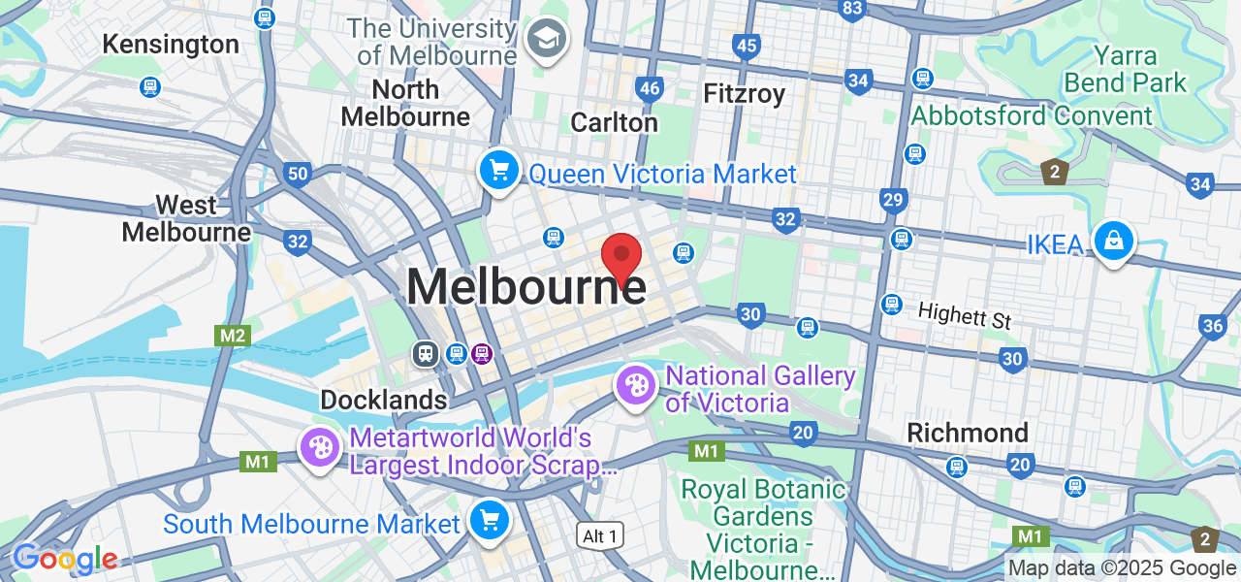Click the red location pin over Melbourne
621,256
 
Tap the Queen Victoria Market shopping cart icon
499,172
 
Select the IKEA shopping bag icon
1114,241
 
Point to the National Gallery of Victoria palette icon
636,386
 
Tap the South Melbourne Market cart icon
490,521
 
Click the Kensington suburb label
171,45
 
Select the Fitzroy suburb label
744,93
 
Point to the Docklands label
384,400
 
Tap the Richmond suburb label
968,433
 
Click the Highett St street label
964,315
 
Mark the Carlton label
614,122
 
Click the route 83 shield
852,10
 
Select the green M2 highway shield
234,336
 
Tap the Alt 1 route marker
600,534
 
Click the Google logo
65,559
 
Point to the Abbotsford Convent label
1032,116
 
